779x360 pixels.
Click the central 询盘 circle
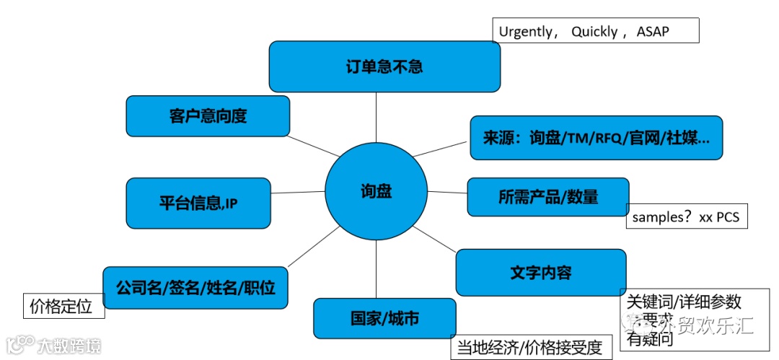coord(376,192)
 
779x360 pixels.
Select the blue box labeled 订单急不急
coord(384,67)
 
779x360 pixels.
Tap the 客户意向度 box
coord(208,116)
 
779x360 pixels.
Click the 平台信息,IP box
coord(198,203)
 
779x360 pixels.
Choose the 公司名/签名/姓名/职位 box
coord(195,288)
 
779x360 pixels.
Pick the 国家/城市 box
coord(384,318)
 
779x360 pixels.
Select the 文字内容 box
coord(540,273)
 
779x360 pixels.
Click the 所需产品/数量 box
coord(547,196)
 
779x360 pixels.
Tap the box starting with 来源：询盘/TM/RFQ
coord(596,137)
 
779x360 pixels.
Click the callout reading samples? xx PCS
coord(686,216)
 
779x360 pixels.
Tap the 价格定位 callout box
coord(63,306)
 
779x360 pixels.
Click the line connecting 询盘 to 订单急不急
coord(376,118)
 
